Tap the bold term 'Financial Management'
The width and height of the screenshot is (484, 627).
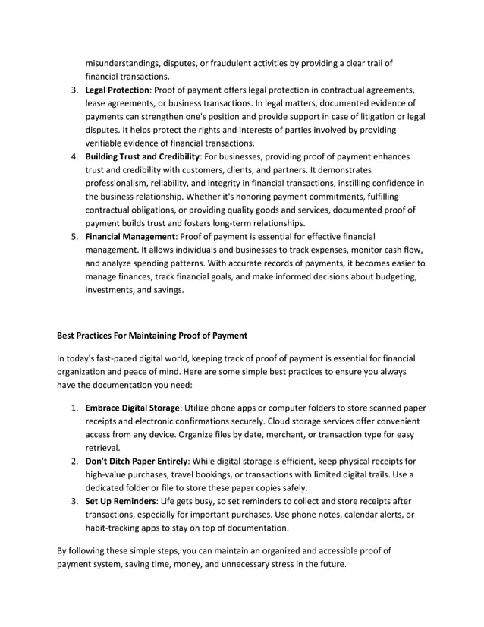(130, 236)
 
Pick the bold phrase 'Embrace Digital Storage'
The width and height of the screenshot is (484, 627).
(132, 408)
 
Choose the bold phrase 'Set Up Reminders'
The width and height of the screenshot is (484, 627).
(120, 501)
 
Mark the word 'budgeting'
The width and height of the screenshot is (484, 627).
(389, 276)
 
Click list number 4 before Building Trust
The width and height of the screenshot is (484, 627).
(75, 156)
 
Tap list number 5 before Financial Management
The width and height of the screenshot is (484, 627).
(75, 236)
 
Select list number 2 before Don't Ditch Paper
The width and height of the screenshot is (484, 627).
(75, 461)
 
